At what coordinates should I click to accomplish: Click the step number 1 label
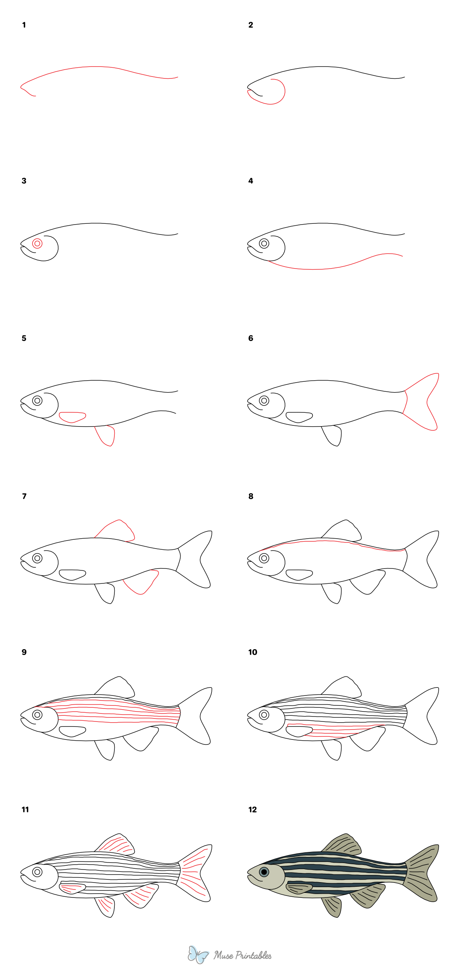pos(24,25)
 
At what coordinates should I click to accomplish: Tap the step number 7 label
pos(24,497)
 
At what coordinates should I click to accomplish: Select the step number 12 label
pos(252,809)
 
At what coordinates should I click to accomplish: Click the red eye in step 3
pos(37,243)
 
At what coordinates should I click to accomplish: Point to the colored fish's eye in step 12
pos(264,872)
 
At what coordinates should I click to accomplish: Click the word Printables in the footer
pos(253,956)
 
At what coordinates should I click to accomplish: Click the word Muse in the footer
pos(223,956)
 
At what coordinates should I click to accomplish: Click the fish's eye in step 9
pos(37,715)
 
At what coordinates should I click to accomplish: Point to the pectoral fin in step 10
pos(299,731)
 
